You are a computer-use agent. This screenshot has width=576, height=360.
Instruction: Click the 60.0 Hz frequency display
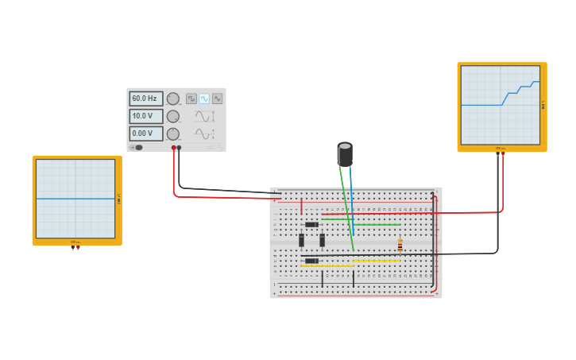145,99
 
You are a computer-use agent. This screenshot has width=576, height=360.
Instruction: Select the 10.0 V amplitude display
145,116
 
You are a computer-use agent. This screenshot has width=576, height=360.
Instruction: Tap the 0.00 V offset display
145,134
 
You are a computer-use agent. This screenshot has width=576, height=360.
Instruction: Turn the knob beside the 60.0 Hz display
172,99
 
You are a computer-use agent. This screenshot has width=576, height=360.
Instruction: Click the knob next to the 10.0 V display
172,116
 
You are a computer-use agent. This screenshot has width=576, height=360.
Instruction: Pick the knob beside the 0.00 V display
172,134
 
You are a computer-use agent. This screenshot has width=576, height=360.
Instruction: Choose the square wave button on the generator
191,99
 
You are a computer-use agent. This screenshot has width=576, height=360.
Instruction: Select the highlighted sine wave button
204,99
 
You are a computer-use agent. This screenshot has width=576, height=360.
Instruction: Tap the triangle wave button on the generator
217,99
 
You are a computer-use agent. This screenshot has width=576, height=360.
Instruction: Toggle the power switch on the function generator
137,147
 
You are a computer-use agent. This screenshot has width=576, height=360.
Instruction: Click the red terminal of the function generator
173,148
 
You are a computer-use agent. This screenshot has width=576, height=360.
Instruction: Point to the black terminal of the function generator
179,148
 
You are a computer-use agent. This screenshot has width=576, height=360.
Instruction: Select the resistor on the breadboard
400,246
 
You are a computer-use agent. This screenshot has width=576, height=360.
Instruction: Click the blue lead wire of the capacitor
351,199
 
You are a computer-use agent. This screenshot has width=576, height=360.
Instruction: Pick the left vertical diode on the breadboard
302,240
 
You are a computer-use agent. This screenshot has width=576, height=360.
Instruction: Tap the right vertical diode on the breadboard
322,240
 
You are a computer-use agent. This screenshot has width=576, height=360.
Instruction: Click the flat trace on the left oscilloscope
75,199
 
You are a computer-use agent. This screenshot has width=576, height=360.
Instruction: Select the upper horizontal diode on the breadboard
311,225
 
